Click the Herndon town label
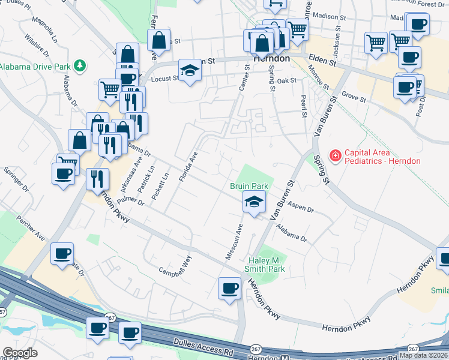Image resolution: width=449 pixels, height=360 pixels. coord(271,59)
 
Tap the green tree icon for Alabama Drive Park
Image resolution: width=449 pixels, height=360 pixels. coord(79,65)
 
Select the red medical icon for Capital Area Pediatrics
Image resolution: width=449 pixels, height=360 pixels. coord(334,157)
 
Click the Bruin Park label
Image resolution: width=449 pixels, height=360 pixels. coord(249,186)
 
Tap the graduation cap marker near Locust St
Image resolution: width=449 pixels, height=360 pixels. coord(190,71)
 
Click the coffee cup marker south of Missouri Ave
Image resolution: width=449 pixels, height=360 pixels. coord(229,289)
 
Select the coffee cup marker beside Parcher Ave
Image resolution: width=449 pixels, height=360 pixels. coord(62,254)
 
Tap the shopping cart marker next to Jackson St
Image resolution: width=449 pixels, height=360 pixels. coord(376,42)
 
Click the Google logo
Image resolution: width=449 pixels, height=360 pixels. coord(20,353)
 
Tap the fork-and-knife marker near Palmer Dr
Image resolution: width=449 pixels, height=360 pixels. coord(96,179)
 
